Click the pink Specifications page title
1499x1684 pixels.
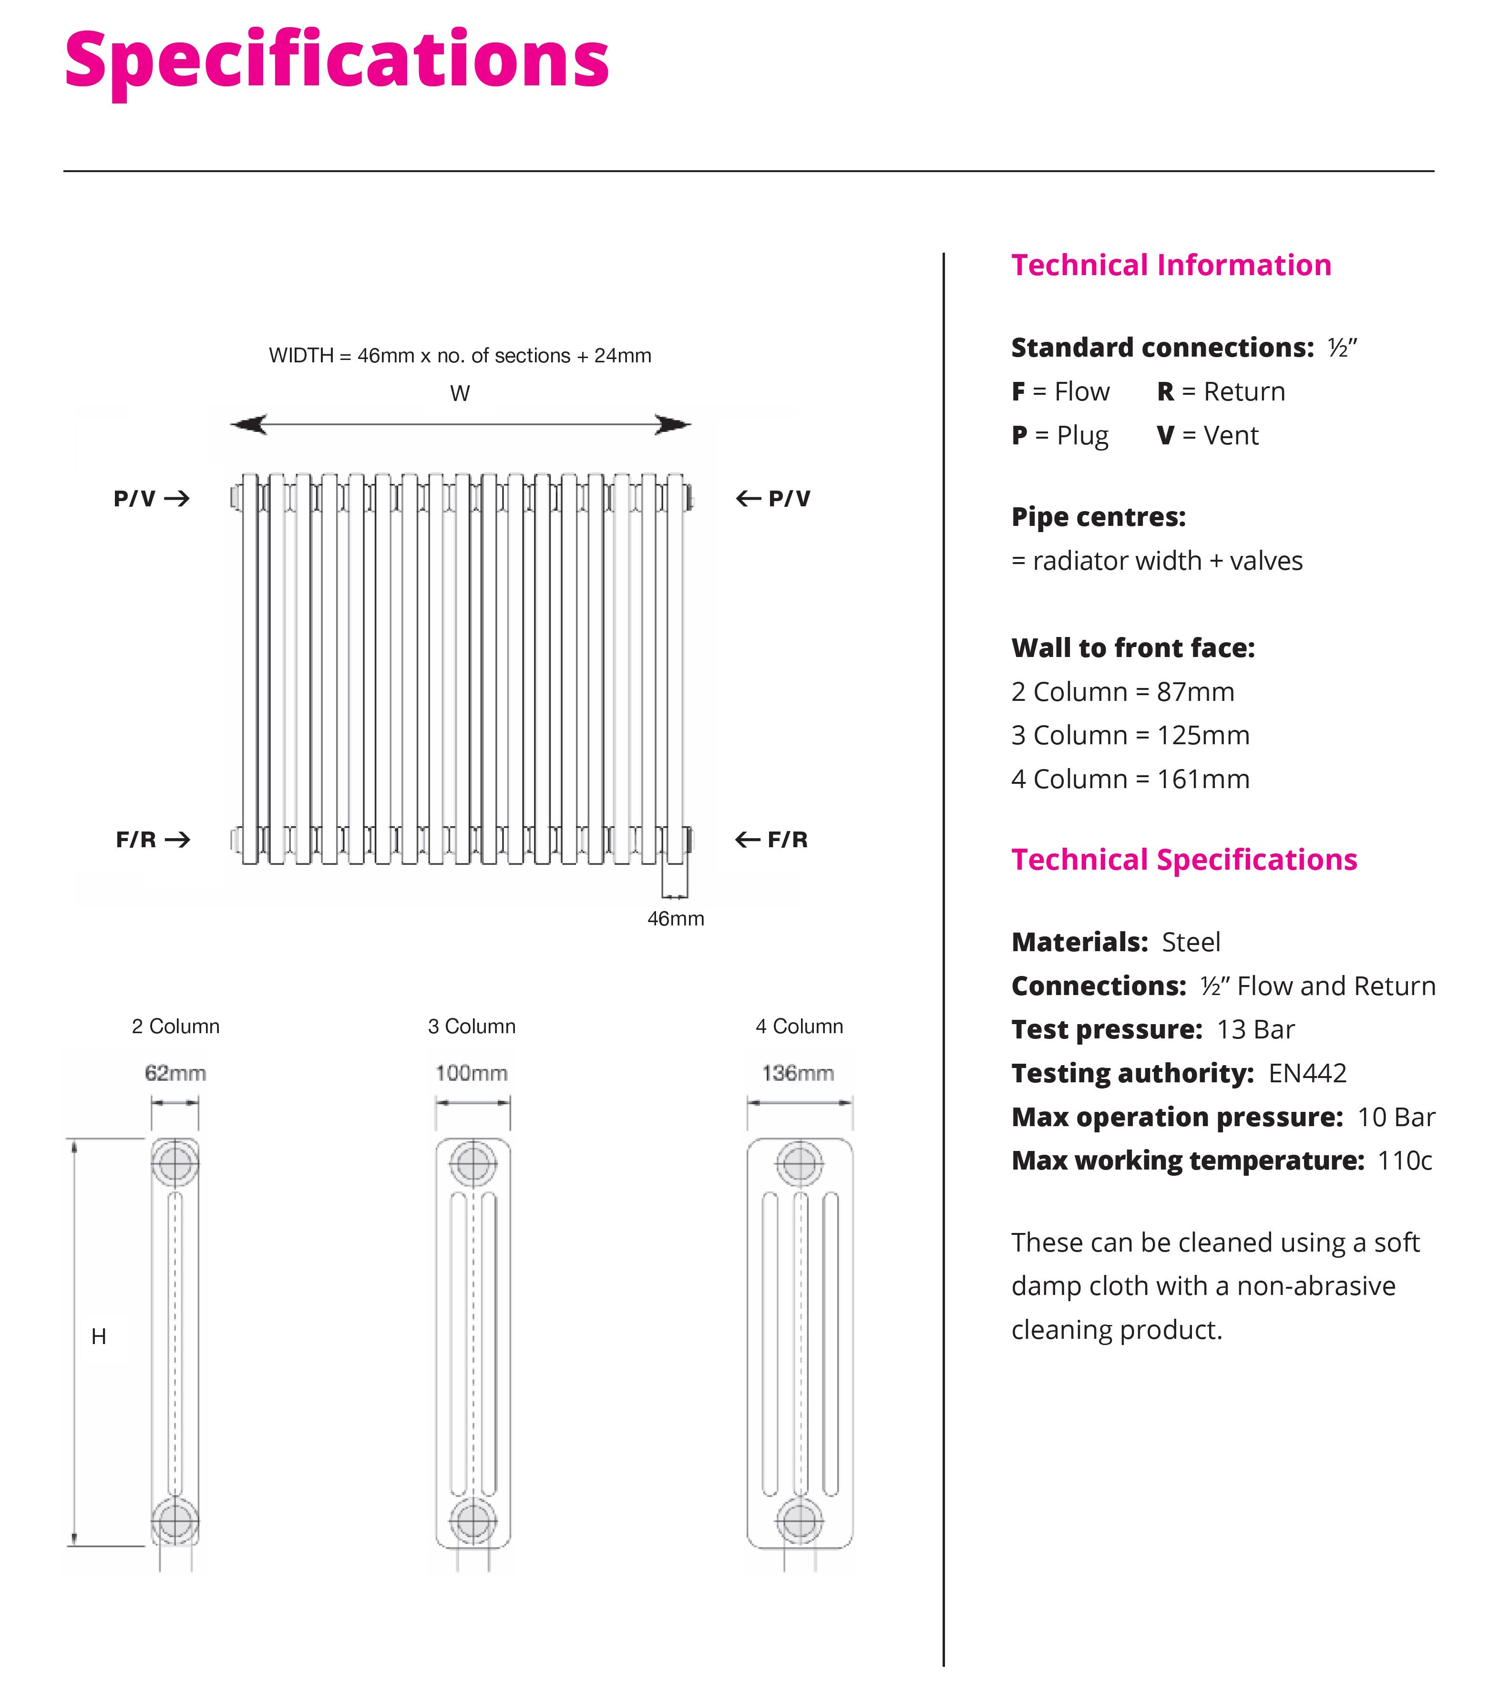(x=336, y=59)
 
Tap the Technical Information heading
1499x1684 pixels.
(x=1170, y=265)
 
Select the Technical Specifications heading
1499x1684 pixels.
(x=1183, y=859)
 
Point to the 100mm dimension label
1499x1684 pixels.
(x=472, y=1073)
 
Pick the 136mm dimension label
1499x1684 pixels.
(x=798, y=1073)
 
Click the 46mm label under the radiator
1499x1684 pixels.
(x=676, y=919)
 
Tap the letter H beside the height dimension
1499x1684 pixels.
(x=99, y=1336)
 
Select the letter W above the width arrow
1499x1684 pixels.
(x=460, y=394)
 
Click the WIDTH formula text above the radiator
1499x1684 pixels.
(x=460, y=356)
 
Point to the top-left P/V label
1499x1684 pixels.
(x=134, y=498)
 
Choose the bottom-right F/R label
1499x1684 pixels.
(x=788, y=840)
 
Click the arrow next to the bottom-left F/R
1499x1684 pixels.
(x=177, y=840)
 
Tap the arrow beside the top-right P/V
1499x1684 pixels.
(x=748, y=498)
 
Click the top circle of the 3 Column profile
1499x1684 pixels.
(x=473, y=1164)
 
